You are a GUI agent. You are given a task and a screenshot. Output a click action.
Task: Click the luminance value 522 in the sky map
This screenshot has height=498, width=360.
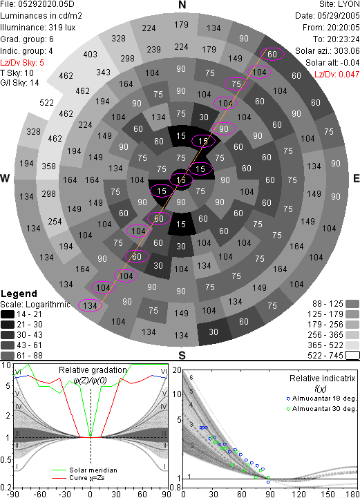[46, 103]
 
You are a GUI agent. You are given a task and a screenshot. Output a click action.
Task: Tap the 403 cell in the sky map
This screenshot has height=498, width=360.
[91, 55]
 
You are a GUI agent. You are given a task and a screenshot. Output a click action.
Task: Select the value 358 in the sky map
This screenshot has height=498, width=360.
[48, 166]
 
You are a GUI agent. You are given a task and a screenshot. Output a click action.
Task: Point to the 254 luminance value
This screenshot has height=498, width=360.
[55, 221]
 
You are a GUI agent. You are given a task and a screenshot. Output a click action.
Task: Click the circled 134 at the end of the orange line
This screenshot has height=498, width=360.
[90, 305]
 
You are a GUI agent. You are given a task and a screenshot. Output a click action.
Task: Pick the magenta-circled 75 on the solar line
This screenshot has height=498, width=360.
[236, 84]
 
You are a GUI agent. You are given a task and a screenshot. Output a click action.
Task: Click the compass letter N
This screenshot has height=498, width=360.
[182, 5]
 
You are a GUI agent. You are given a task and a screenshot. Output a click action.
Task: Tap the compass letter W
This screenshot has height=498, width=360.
[5, 178]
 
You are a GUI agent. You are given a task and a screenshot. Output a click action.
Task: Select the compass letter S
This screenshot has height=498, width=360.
[182, 356]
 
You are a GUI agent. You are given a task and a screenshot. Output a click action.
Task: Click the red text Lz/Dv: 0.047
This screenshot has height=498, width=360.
[337, 75]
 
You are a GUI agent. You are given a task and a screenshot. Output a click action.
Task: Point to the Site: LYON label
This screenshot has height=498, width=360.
[339, 4]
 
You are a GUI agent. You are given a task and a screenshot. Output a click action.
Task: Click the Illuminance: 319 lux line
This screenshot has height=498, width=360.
[38, 28]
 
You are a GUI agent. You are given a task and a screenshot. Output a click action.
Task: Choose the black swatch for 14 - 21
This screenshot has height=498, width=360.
[8, 314]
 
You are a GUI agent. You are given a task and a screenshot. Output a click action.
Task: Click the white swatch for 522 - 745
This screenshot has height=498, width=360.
[352, 356]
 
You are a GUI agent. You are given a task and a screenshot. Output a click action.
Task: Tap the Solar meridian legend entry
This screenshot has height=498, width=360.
[84, 470]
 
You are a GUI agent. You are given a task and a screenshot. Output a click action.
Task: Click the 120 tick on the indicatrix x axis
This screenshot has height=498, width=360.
[299, 494]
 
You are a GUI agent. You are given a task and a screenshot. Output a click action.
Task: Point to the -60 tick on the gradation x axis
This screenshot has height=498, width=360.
[39, 494]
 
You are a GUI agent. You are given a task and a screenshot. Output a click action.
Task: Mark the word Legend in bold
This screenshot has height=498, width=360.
[19, 294]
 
